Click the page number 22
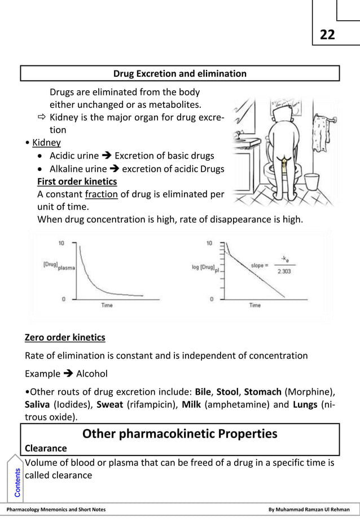tap(327, 35)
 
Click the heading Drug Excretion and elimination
tap(179, 74)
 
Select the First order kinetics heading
tap(77, 181)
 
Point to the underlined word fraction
tap(101, 194)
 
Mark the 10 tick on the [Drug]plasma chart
tap(62, 243)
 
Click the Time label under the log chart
tap(255, 305)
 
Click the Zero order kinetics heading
tap(65, 338)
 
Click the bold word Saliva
tap(37, 405)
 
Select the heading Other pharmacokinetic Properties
tap(179, 434)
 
